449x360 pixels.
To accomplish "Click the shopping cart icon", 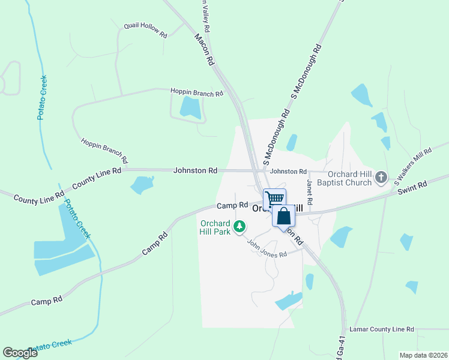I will click(x=274, y=199).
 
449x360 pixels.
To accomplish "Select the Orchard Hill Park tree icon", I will click(x=240, y=226).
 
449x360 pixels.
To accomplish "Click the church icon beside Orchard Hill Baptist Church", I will click(x=381, y=178).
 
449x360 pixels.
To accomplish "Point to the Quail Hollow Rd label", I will click(x=145, y=30).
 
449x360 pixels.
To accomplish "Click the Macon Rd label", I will click(x=205, y=49).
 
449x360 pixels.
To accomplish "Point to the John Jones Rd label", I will click(x=267, y=247).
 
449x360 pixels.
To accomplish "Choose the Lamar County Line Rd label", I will click(x=382, y=329).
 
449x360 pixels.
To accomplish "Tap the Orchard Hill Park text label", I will click(x=215, y=227).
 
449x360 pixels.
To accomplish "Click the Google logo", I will click(x=20, y=353).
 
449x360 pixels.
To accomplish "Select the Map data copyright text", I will click(x=423, y=355).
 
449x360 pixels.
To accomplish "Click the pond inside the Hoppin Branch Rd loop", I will click(x=191, y=107).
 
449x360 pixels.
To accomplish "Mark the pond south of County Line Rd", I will click(x=142, y=185).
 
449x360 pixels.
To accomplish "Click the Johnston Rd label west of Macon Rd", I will click(x=195, y=170).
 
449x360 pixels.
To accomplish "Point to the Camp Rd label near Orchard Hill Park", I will click(x=232, y=205).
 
